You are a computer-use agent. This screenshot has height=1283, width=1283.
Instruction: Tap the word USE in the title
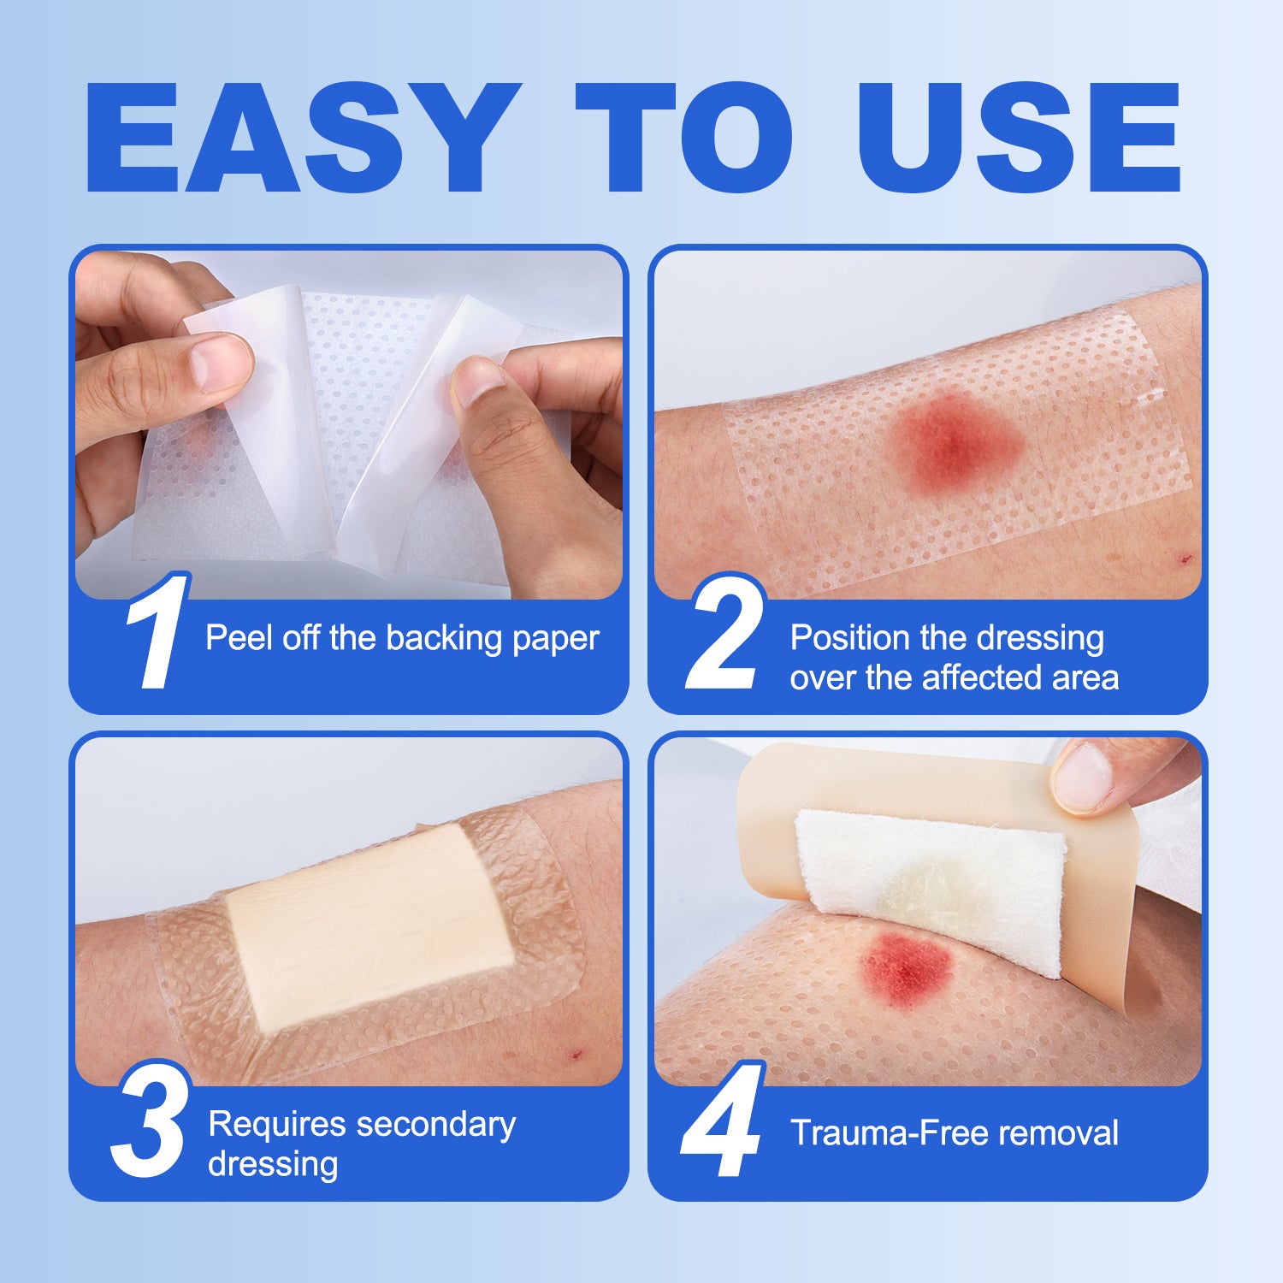tap(1020, 139)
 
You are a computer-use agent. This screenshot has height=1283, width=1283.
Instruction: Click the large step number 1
tap(157, 633)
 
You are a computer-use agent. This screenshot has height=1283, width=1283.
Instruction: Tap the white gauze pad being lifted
tap(932, 881)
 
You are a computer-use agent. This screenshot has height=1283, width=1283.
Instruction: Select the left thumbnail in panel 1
tap(221, 361)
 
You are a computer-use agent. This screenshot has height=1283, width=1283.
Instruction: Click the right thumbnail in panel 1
tap(476, 381)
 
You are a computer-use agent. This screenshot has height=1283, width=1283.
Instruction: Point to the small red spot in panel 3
tap(576, 1054)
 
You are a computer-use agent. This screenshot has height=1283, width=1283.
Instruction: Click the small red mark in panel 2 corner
tap(1185, 559)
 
